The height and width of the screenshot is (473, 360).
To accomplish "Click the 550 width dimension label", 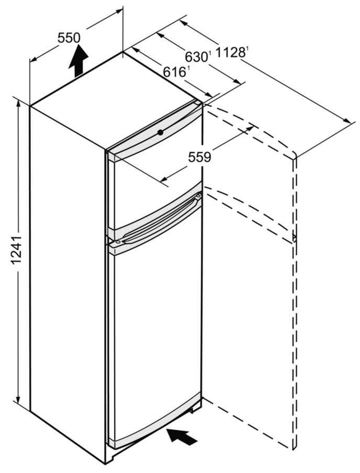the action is (x=69, y=38).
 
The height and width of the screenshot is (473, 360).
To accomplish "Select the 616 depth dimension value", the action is (x=174, y=72).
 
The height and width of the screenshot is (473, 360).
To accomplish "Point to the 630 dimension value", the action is (x=196, y=57).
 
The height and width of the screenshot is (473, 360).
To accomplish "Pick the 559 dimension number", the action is (x=199, y=157).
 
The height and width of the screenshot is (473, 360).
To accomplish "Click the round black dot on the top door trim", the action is (x=160, y=132).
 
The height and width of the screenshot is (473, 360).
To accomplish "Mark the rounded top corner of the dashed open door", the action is (x=294, y=155).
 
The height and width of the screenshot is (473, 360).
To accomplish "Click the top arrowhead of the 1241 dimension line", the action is (x=18, y=103).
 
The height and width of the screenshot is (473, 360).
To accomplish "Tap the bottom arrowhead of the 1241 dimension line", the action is (x=18, y=398).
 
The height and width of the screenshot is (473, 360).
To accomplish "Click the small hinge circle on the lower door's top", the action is (x=117, y=242).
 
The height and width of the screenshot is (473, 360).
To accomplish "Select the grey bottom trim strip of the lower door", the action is (x=155, y=422).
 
